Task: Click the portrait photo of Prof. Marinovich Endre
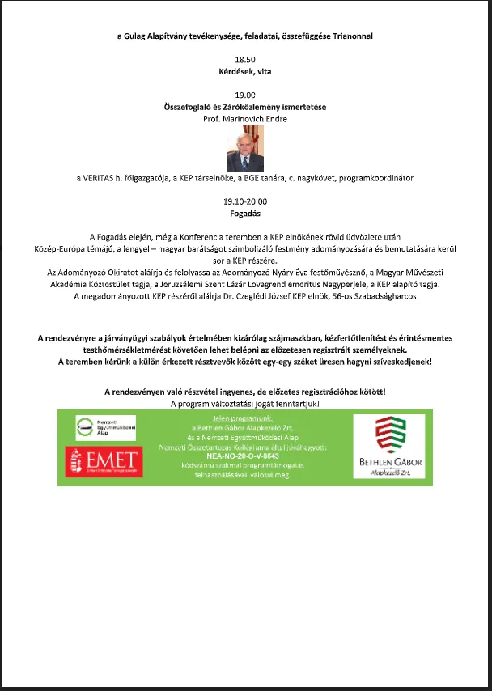244,147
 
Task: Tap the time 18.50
244,60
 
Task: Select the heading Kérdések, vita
244,71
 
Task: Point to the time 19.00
244,95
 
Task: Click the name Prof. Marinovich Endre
244,118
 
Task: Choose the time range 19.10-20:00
244,201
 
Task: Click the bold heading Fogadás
244,214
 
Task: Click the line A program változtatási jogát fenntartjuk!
244,403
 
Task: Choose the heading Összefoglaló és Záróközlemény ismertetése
244,107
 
